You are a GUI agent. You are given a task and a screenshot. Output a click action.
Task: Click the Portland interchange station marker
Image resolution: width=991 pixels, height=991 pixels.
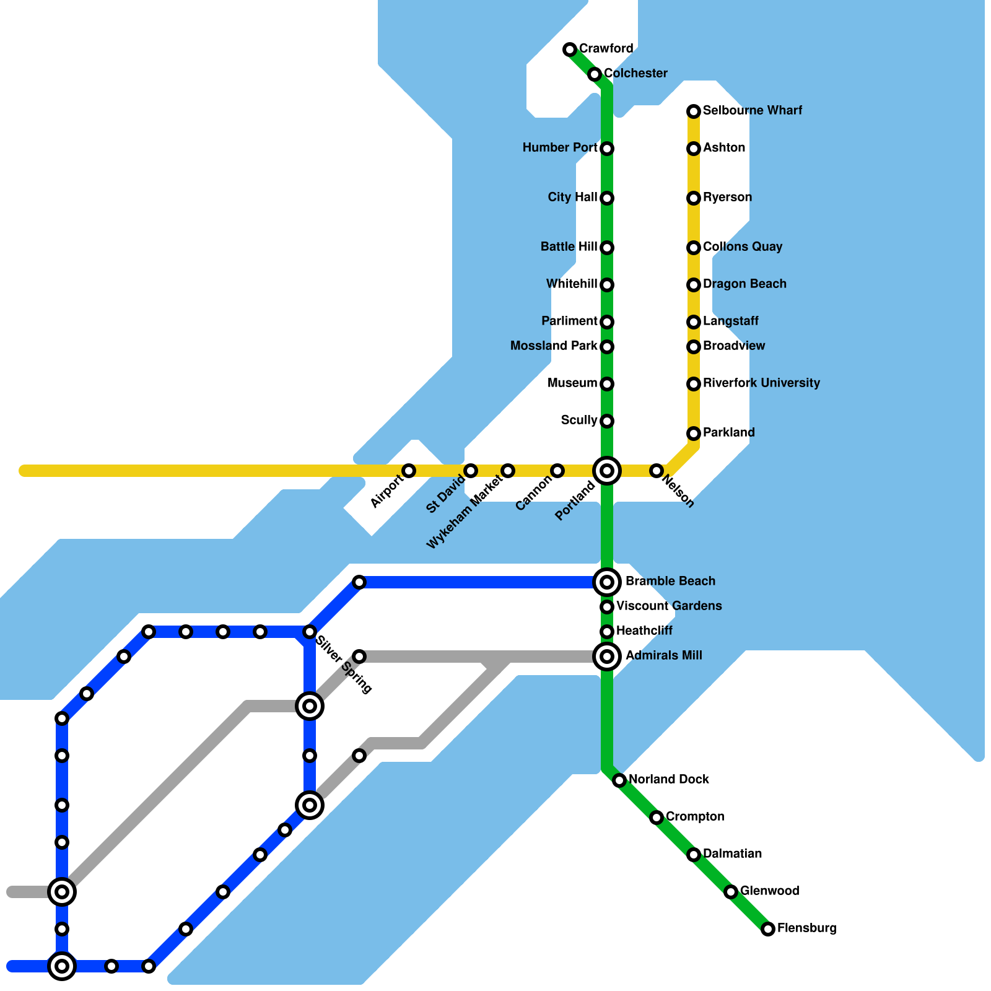[x=607, y=471]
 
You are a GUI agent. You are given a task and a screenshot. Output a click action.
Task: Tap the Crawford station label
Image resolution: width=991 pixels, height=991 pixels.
[x=606, y=48]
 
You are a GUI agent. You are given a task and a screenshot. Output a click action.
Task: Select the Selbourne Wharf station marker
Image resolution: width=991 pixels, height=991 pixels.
[x=694, y=111]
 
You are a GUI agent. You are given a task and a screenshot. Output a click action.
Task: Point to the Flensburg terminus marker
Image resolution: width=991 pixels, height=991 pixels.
[x=768, y=928]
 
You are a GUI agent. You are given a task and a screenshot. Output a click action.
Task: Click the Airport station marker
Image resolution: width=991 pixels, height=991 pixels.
[x=409, y=471]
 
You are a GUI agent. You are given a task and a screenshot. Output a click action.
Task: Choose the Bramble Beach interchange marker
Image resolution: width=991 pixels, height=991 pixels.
[x=607, y=582]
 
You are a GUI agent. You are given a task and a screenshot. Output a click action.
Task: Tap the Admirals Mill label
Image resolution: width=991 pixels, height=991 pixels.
[x=663, y=655]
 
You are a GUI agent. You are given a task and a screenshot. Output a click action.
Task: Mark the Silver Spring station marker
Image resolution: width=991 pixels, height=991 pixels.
[x=310, y=632]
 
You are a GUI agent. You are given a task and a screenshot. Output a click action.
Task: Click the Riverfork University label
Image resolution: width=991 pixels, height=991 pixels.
[x=761, y=383]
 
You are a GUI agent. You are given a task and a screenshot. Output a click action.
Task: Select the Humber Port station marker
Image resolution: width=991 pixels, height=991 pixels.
[x=607, y=149]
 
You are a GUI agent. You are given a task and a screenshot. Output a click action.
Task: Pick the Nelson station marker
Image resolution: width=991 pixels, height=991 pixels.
[x=657, y=471]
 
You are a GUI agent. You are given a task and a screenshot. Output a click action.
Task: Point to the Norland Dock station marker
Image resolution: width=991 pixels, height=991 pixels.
[x=619, y=780]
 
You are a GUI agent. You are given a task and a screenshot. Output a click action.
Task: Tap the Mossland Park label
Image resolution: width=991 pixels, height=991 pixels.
[x=554, y=346]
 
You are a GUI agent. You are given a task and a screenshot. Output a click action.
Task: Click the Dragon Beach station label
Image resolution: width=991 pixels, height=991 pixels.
[x=744, y=284]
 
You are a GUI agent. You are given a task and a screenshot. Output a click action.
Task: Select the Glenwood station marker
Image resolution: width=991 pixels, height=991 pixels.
[x=731, y=892]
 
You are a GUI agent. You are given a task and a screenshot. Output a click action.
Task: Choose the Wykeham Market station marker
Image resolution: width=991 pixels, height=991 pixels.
[x=508, y=471]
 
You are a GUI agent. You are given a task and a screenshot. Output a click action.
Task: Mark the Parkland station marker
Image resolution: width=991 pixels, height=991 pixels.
[x=694, y=434]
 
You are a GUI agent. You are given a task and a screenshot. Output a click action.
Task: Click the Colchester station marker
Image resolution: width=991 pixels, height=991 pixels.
[x=595, y=74]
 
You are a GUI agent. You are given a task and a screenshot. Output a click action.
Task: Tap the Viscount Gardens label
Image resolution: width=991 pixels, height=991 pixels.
[x=669, y=606]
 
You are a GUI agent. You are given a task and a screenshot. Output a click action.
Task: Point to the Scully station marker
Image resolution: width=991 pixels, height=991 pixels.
[x=607, y=421]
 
